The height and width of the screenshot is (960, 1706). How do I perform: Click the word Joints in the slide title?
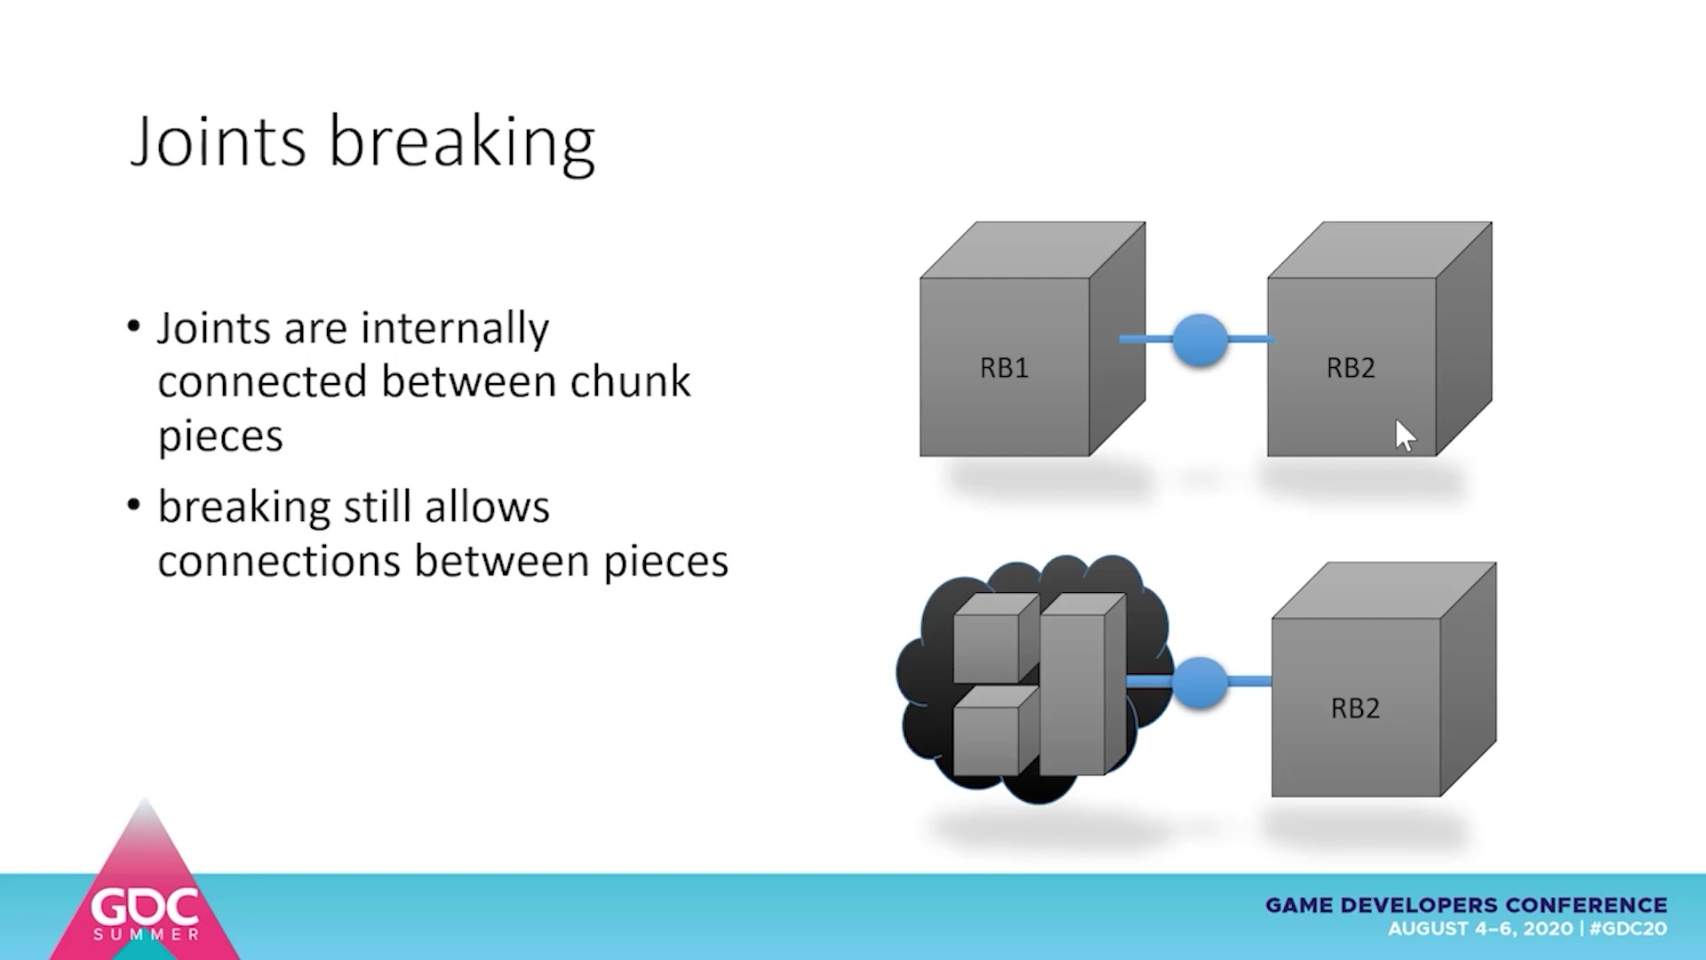tap(219, 142)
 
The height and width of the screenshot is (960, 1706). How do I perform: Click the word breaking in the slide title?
tap(462, 142)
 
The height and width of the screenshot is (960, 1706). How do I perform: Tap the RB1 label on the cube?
tap(1004, 368)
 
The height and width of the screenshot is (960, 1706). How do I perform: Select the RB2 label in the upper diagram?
tap(1351, 368)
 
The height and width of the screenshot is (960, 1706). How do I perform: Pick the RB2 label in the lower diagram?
tap(1355, 708)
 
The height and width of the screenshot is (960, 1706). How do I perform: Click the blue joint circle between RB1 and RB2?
tap(1200, 340)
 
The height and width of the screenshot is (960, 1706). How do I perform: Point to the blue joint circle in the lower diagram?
tap(1200, 682)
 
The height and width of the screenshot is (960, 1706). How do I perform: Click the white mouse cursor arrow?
tap(1404, 436)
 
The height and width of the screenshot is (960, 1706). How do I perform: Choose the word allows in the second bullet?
tap(487, 508)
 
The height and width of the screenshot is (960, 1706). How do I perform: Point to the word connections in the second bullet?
tap(278, 562)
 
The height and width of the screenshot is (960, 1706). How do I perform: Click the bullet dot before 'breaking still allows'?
tap(134, 506)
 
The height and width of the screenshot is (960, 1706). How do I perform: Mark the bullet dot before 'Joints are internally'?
tap(134, 326)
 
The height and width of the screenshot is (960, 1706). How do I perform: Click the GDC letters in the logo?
tap(146, 908)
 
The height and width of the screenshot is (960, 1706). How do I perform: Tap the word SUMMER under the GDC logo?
tap(147, 935)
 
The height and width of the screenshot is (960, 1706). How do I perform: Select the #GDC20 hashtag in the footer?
tap(1628, 929)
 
